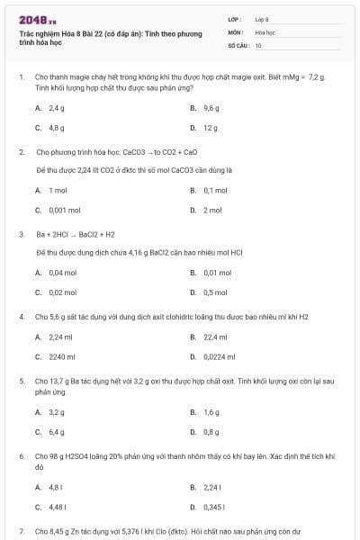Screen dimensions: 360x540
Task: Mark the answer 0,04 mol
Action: click(62, 273)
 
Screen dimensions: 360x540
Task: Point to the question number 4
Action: click(22, 317)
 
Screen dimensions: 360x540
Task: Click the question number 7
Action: click(22, 532)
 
